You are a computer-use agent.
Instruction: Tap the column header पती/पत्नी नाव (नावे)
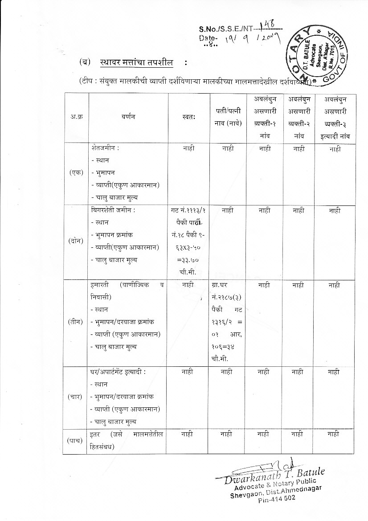tap(226, 118)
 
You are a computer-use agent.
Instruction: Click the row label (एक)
tap(75, 173)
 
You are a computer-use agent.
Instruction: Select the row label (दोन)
tap(75, 241)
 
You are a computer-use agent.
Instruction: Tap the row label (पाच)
tap(75, 440)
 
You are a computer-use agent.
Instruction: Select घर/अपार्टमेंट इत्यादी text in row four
tap(117, 371)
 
